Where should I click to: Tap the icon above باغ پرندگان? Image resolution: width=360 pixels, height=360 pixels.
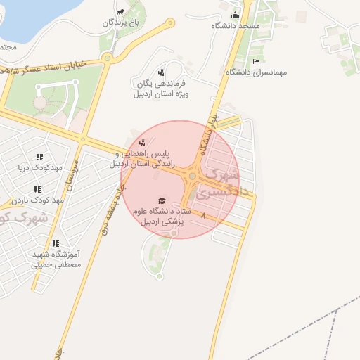point(121,11)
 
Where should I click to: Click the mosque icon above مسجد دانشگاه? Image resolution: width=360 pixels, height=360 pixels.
point(235,15)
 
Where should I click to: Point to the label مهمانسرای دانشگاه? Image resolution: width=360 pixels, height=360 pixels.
point(256,72)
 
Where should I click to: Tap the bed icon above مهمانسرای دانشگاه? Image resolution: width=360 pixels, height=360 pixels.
point(256,61)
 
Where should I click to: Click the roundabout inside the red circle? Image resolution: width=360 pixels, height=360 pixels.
point(192,176)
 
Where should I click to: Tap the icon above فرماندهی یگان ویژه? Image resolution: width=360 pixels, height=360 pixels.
point(161,72)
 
